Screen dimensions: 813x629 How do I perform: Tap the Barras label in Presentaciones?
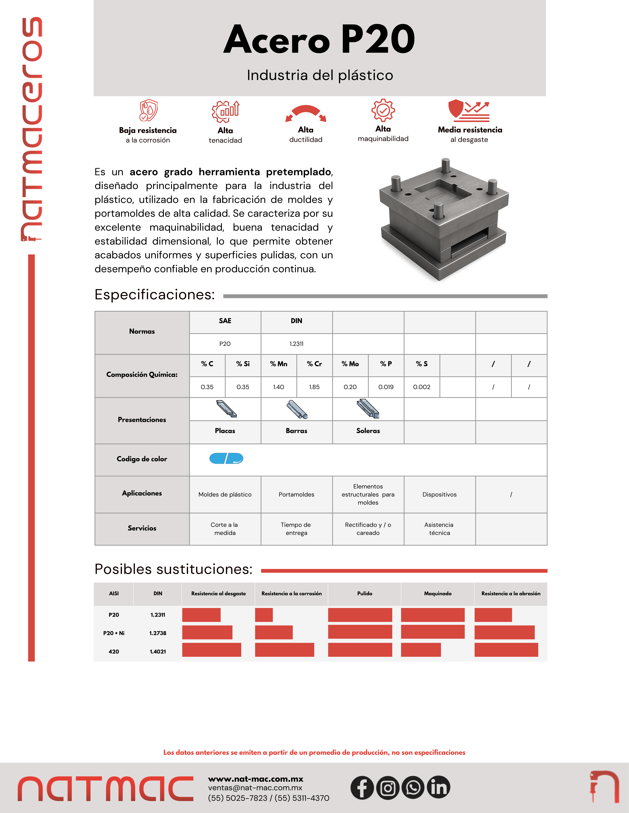point(297,431)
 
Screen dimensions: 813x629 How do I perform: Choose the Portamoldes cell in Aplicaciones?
point(297,494)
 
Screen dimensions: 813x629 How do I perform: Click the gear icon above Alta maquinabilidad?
point(383,110)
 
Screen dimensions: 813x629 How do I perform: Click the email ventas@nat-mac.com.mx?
point(255,788)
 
